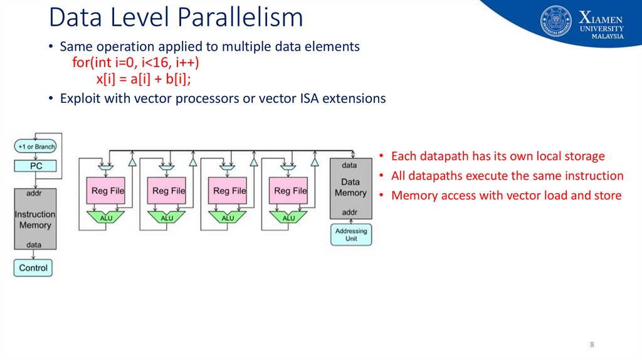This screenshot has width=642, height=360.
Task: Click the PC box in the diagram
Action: [x=36, y=166]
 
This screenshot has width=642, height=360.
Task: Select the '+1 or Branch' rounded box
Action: [x=36, y=146]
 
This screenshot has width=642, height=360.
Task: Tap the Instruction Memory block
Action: [x=35, y=219]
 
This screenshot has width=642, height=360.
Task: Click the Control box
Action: [x=33, y=268]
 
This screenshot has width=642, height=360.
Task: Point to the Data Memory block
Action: [x=350, y=188]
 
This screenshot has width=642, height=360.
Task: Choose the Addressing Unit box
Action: [x=350, y=235]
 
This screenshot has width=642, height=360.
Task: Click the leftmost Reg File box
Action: [x=108, y=191]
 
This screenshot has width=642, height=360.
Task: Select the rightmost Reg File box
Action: [x=290, y=191]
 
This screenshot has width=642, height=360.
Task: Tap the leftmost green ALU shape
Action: [x=106, y=218]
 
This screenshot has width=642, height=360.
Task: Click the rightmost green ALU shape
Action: [x=288, y=218]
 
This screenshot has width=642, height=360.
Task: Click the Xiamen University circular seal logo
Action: [x=556, y=21]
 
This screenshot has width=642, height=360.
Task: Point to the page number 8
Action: [x=592, y=345]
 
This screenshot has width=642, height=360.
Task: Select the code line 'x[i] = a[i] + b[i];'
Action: [x=143, y=79]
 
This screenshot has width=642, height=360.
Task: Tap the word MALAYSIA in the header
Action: [x=608, y=36]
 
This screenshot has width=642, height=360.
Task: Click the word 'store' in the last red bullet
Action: [x=606, y=195]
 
